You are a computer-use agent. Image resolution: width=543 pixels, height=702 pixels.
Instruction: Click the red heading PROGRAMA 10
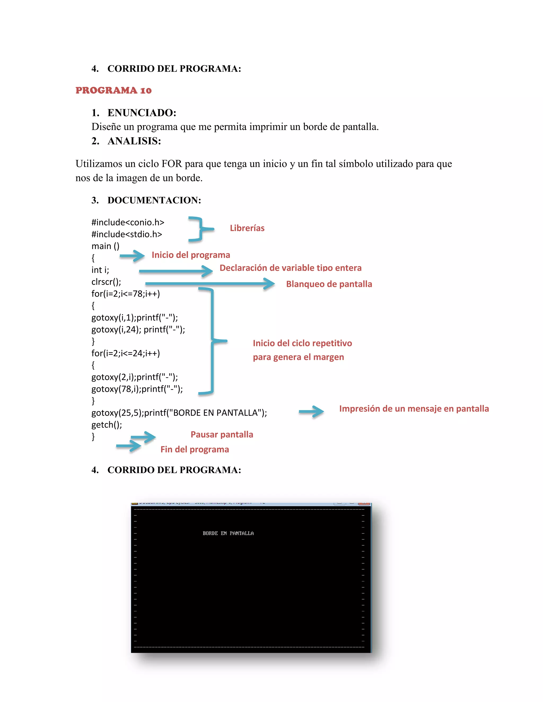tap(113, 90)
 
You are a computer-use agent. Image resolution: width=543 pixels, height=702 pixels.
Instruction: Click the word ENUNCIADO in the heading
tap(142, 113)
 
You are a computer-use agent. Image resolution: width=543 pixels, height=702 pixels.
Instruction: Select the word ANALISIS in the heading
tap(134, 141)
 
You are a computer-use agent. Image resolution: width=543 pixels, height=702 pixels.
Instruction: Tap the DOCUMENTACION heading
tap(154, 200)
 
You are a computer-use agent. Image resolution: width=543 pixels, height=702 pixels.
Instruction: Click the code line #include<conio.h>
tap(128, 223)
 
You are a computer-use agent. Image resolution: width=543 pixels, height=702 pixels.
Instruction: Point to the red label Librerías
tap(247, 228)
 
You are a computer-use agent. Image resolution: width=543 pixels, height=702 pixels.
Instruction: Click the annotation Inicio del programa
tap(191, 255)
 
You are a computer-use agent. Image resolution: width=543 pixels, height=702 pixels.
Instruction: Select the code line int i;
tap(100, 270)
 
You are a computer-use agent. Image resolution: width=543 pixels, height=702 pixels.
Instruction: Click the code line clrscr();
tap(106, 282)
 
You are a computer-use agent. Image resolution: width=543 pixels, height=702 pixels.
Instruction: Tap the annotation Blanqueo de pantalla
tap(329, 284)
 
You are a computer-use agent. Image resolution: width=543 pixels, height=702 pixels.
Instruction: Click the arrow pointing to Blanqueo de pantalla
tap(209, 283)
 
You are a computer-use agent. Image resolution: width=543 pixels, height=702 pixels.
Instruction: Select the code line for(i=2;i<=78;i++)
tap(125, 294)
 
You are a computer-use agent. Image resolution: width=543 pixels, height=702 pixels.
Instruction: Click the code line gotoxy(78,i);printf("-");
tap(137, 389)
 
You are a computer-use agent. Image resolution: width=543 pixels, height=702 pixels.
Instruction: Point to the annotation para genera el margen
tap(298, 357)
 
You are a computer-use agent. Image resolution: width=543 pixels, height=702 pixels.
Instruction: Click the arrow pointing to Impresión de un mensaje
tap(311, 411)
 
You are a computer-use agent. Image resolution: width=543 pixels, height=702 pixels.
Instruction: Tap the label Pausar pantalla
tap(222, 434)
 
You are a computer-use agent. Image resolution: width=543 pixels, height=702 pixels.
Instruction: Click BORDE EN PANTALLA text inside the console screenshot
tap(228, 533)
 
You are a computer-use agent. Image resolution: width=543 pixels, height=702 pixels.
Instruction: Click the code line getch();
tap(107, 425)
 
